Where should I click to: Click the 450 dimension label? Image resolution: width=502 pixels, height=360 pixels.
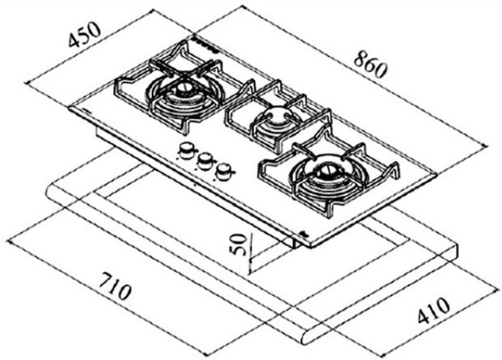click(85, 34)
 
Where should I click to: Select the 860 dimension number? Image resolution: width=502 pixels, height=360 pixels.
click(371, 66)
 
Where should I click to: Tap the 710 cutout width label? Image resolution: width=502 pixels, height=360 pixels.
click(115, 286)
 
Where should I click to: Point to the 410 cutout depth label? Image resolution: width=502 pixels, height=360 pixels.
click(433, 311)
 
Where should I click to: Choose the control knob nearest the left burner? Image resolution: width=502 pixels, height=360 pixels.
click(186, 150)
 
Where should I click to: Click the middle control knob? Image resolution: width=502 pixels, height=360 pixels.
click(205, 161)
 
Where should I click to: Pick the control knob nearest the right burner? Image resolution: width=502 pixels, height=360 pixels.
click(223, 172)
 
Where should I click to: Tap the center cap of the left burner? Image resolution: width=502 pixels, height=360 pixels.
click(183, 88)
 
